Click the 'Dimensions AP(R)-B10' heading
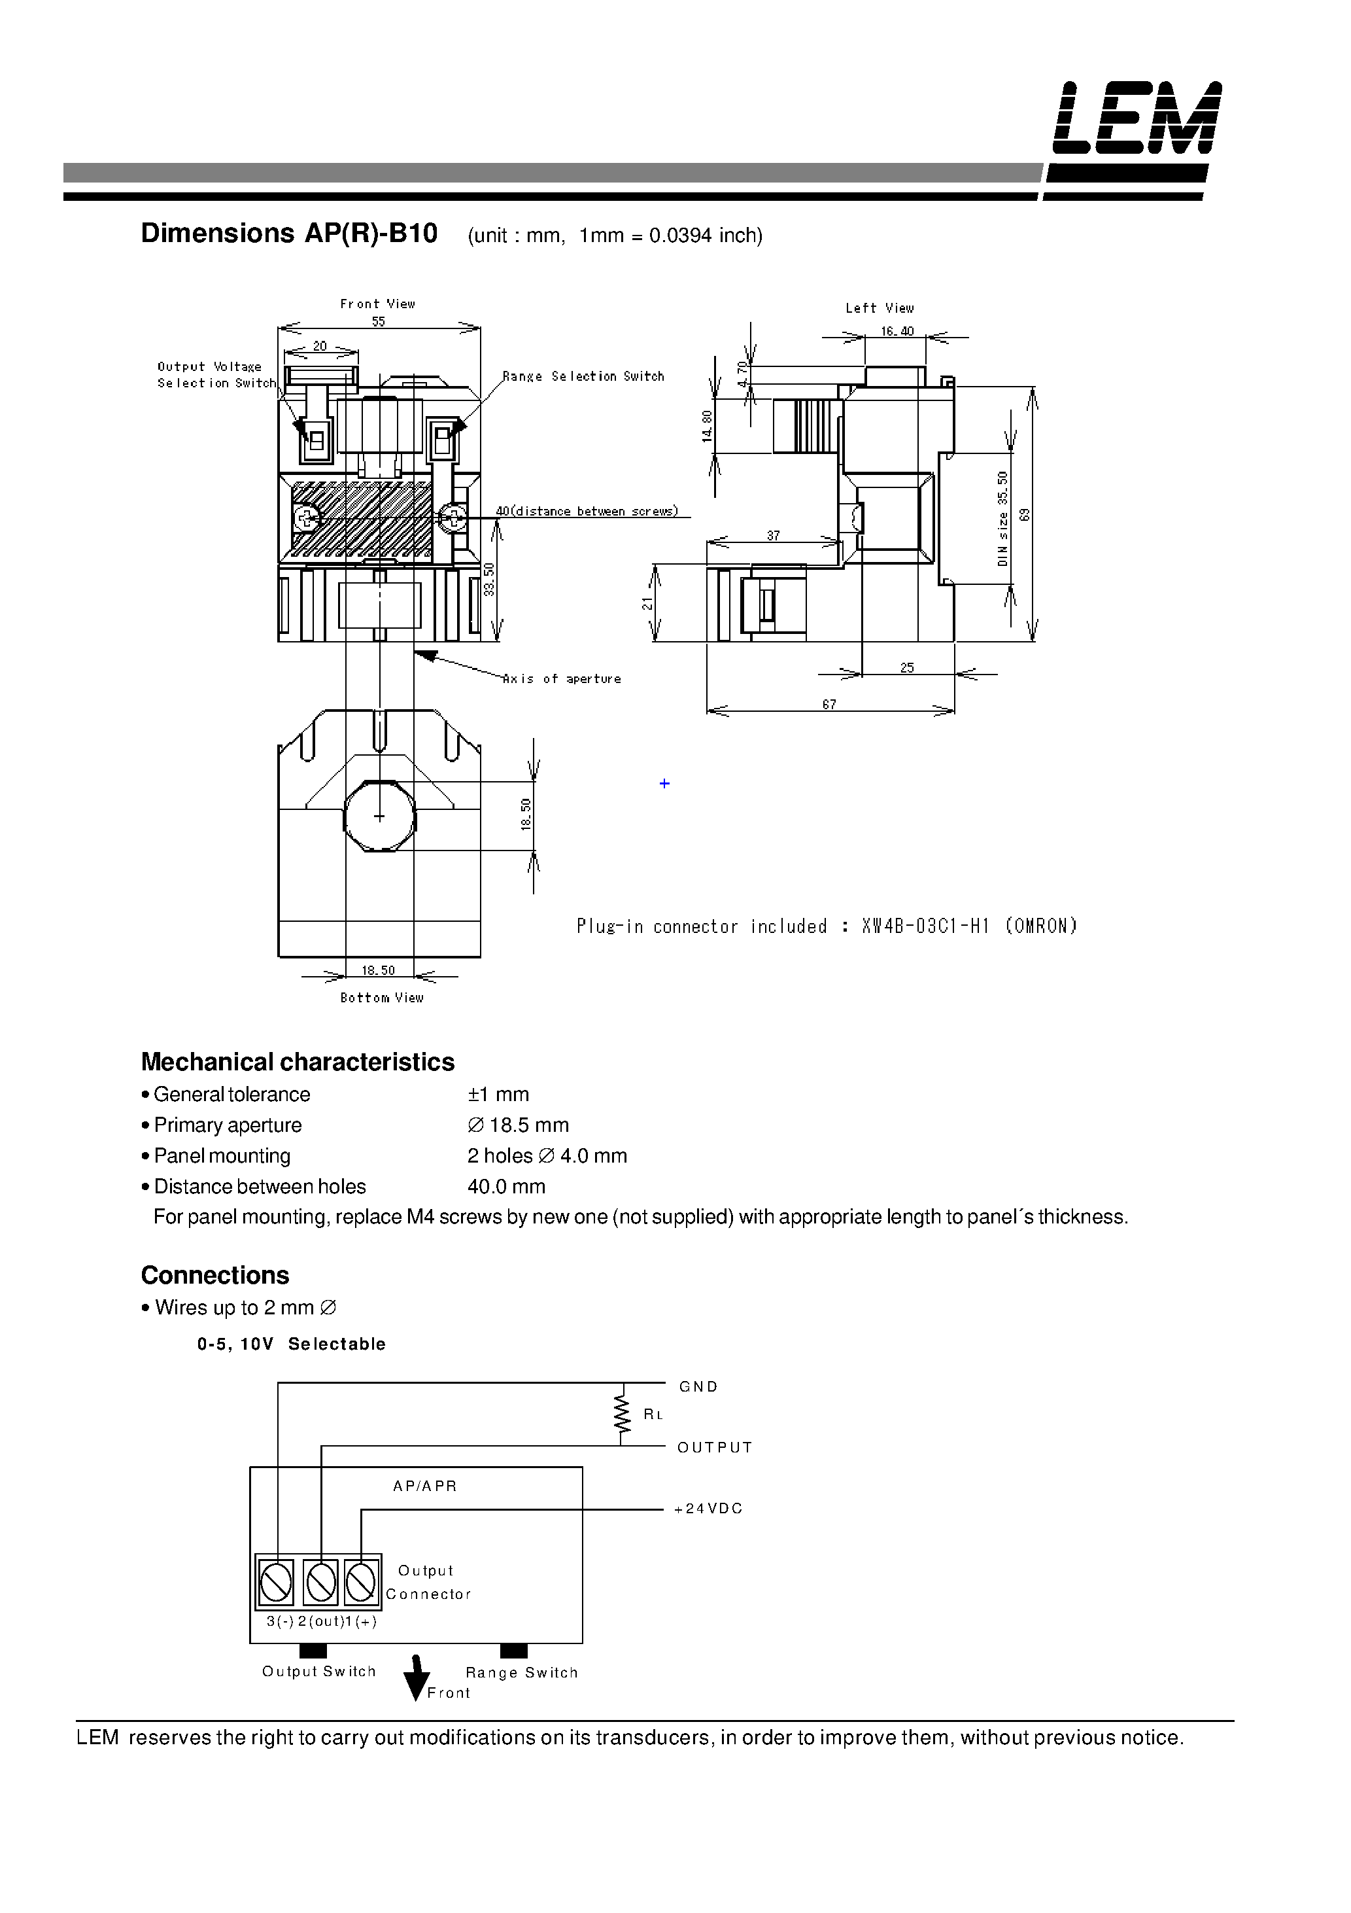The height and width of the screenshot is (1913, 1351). pyautogui.click(x=288, y=234)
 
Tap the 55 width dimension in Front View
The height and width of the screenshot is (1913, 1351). pyautogui.click(x=378, y=322)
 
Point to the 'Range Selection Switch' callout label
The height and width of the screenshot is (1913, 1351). pyautogui.click(x=584, y=377)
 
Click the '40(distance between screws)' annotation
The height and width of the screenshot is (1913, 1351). pyautogui.click(x=587, y=512)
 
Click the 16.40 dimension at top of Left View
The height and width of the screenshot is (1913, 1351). pyautogui.click(x=897, y=332)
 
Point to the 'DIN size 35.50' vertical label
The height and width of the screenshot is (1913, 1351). pyautogui.click(x=1003, y=518)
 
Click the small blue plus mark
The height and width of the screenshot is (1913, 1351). pyautogui.click(x=664, y=783)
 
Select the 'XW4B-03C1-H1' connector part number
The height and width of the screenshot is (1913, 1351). pyautogui.click(x=925, y=926)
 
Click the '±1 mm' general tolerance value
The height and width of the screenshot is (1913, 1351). pyautogui.click(x=498, y=1094)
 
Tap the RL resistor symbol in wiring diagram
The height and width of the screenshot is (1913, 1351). pyautogui.click(x=621, y=1414)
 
